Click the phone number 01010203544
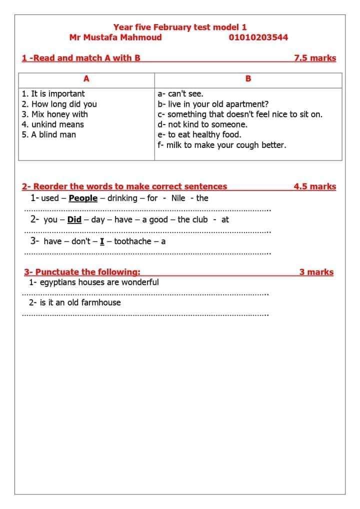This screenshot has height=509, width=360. [258, 37]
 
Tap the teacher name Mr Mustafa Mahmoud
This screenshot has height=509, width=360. [115, 37]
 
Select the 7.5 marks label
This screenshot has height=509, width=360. [315, 58]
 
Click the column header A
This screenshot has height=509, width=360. [86, 78]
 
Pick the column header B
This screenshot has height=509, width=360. [248, 78]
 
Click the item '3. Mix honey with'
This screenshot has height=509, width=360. [55, 114]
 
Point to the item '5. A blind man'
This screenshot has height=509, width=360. [49, 134]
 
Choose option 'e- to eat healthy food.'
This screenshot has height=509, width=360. [199, 134]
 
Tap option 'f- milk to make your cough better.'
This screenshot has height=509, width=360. [222, 145]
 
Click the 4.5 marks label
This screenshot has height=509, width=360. [315, 186]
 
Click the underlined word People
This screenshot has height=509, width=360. [83, 198]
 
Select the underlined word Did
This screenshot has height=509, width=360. [74, 219]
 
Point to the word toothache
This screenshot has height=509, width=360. [132, 241]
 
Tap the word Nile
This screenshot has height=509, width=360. [178, 198]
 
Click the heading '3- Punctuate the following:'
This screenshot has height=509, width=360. [82, 272]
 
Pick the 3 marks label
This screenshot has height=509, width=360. [316, 272]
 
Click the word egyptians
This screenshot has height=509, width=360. [58, 282]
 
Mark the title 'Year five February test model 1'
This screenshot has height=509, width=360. [180, 27]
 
